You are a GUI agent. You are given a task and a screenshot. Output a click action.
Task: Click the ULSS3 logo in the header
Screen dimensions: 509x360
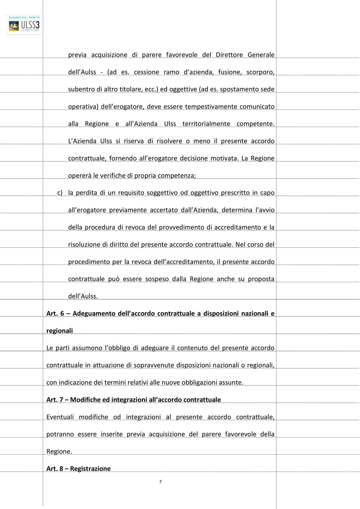[x=24, y=24]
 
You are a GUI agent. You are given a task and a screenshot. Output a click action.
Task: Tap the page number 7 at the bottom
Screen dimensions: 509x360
[x=160, y=482]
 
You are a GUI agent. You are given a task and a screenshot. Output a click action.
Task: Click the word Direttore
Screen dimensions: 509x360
[x=229, y=55]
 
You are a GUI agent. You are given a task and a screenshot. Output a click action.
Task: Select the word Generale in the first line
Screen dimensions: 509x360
[x=261, y=55]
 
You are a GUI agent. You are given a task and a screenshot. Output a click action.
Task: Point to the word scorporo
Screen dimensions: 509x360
[x=260, y=72]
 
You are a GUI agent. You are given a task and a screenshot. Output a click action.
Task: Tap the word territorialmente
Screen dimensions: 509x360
[x=206, y=124]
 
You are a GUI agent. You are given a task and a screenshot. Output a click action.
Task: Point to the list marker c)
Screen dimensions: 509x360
[x=60, y=193]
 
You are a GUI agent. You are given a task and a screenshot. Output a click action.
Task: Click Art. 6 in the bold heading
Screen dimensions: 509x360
[x=55, y=314]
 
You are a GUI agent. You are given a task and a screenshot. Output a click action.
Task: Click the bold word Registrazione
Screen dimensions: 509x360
[x=90, y=469]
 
